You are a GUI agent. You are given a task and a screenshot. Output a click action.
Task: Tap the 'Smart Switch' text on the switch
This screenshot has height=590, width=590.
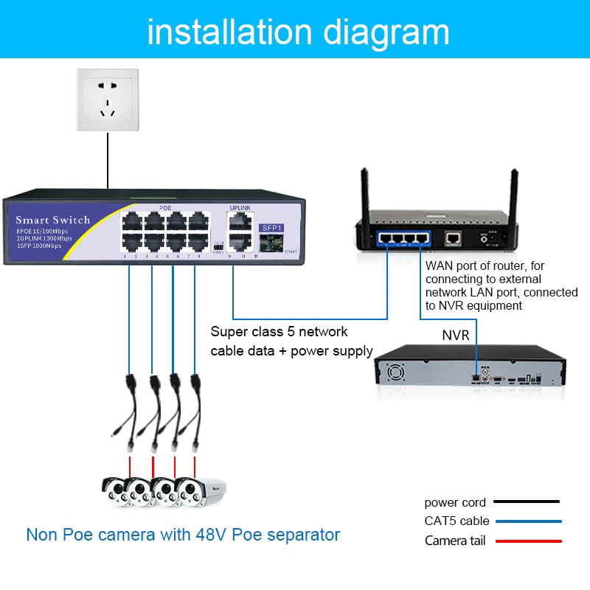(52, 220)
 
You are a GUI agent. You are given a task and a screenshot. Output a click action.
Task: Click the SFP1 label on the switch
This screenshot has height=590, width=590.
(271, 228)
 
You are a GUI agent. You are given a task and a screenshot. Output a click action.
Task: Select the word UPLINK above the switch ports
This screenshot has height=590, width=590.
(241, 208)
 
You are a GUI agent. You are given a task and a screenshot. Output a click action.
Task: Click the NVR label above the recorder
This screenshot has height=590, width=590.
(456, 335)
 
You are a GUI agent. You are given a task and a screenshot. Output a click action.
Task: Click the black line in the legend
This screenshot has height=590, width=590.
(527, 502)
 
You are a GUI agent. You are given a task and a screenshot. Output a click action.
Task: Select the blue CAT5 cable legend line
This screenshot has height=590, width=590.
(527, 521)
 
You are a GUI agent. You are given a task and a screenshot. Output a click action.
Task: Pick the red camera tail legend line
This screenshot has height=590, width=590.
(527, 541)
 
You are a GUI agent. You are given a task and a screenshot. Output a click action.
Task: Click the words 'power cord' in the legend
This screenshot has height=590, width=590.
(455, 502)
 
